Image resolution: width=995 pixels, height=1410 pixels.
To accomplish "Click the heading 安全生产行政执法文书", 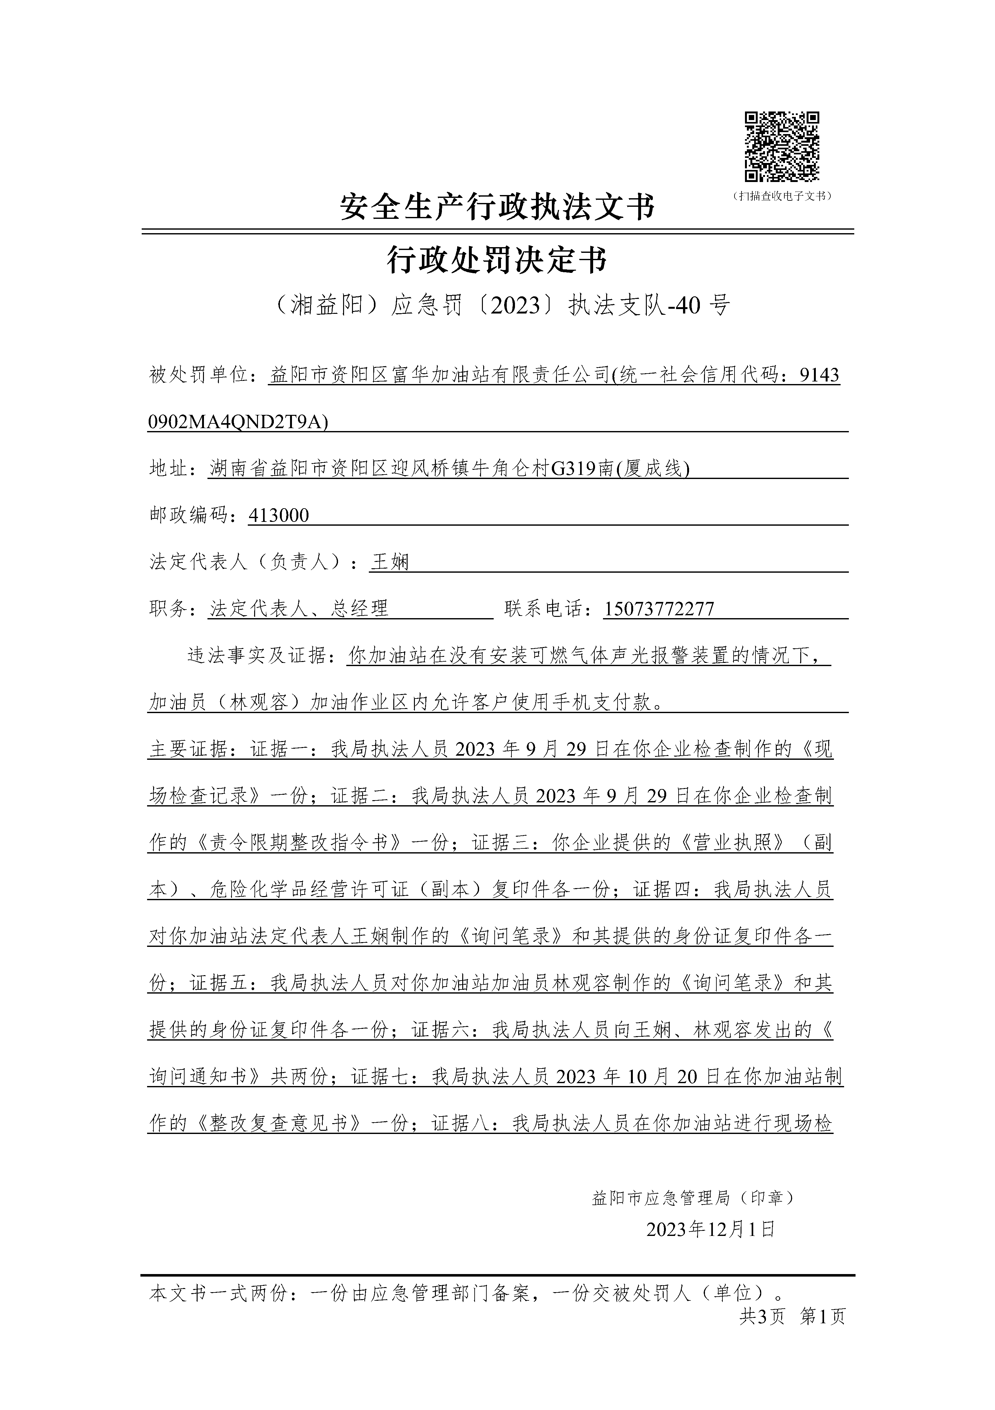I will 497,206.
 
